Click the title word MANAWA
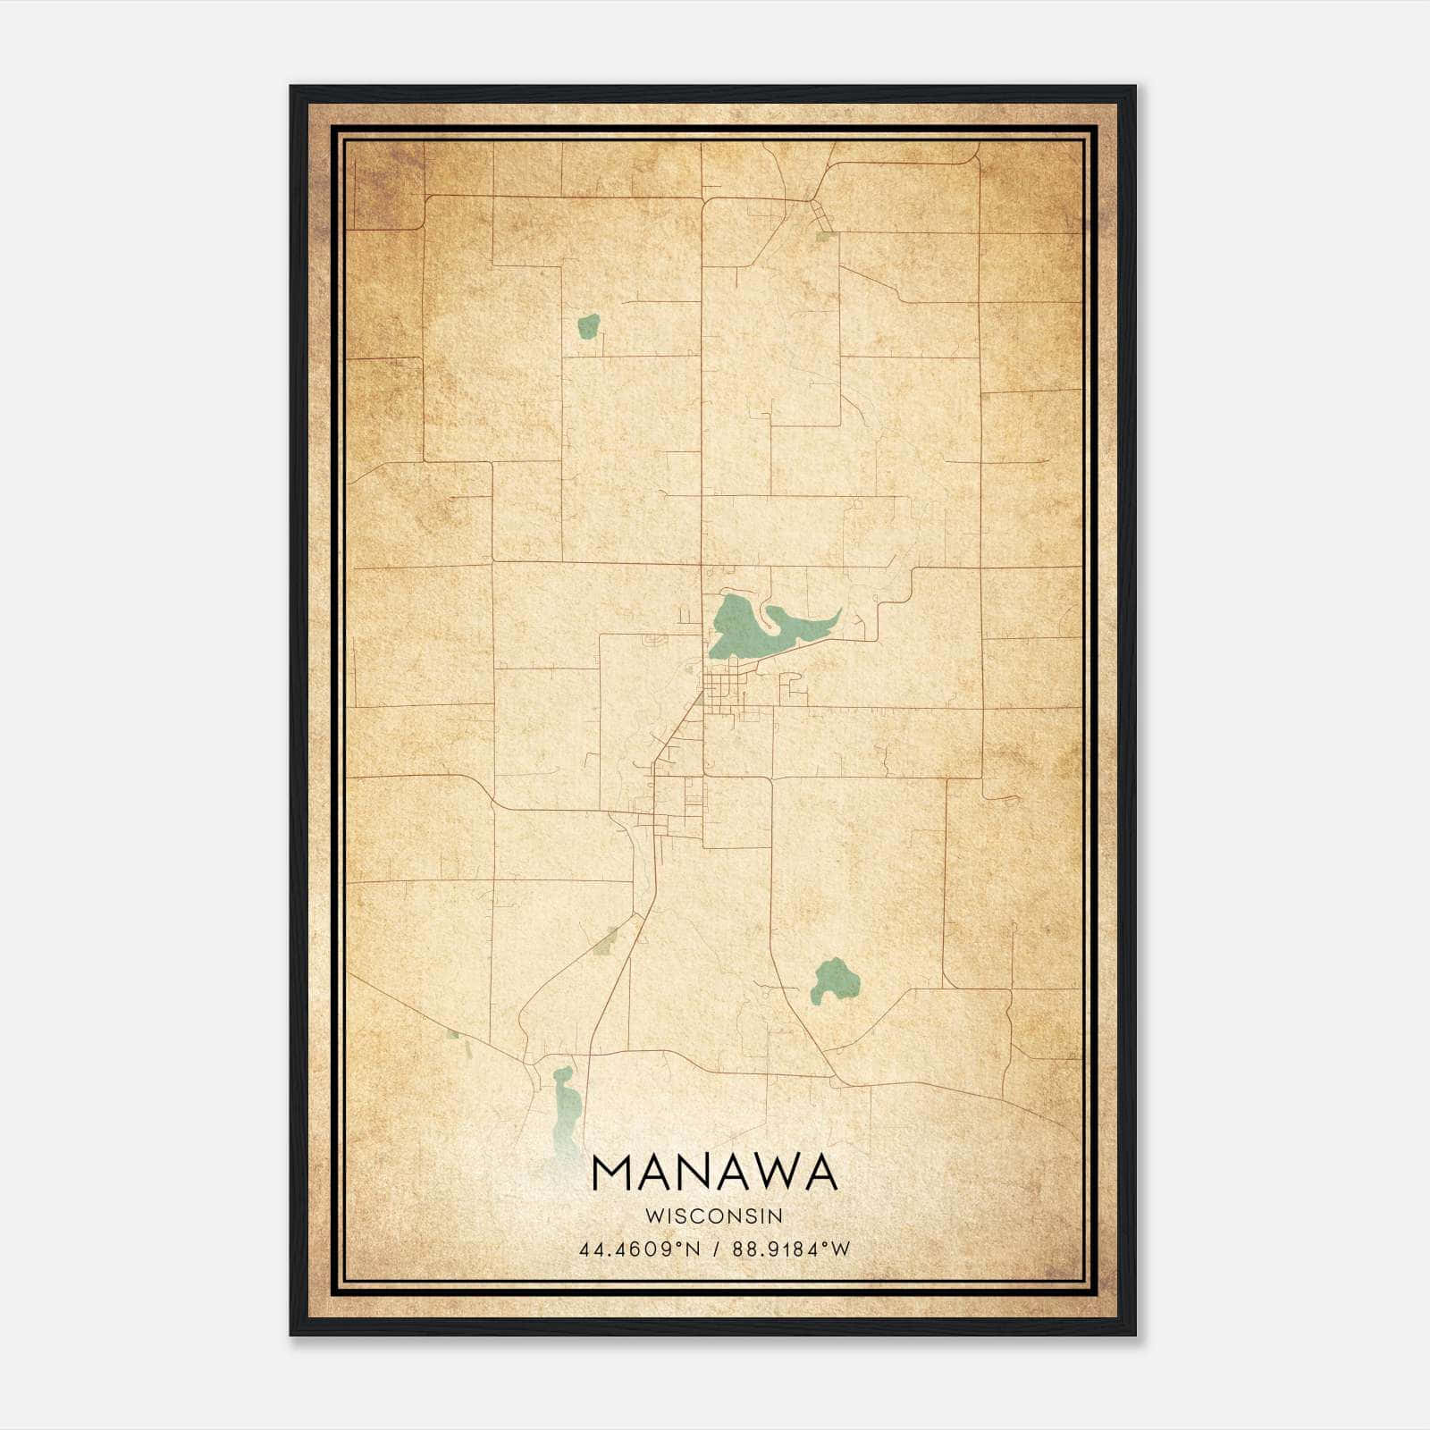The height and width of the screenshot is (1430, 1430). tap(714, 1173)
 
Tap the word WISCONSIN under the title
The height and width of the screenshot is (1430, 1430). tap(714, 1215)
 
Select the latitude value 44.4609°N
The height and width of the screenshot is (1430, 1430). tap(639, 1249)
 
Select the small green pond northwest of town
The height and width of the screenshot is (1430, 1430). tap(587, 326)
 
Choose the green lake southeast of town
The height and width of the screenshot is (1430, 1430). tap(835, 980)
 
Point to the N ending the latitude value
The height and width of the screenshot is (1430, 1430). tap(693, 1249)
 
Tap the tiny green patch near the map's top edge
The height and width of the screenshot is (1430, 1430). tap(823, 237)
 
